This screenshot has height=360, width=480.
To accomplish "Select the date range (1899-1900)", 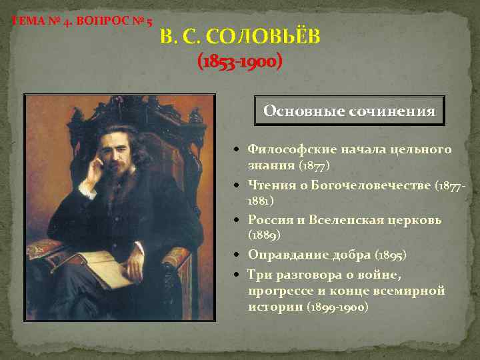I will (337, 307).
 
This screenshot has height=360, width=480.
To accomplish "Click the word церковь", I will (417, 220).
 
